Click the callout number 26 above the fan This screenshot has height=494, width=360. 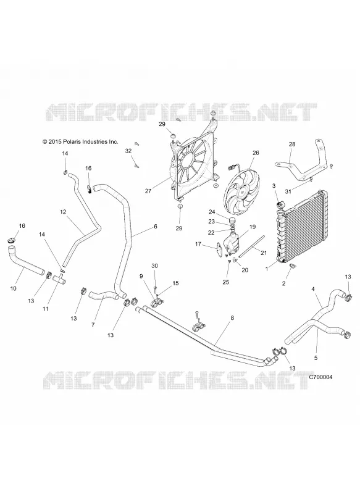pos(256,153)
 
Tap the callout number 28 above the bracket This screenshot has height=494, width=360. pos(292,144)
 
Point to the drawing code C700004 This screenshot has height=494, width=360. pos(320,377)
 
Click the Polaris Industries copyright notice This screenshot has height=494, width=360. pos(80,142)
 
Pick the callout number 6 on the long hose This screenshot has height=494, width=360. pos(155,226)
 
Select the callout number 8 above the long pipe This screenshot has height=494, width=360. pos(232,318)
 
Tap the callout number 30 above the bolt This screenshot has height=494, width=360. pos(154,266)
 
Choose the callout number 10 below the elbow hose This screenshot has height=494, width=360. pos(13,288)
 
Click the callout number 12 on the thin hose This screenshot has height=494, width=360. pos(63,212)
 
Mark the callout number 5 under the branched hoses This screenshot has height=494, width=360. pos(316,358)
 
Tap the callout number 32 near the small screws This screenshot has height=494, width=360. pos(128,151)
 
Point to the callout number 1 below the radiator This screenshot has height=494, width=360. pos(267,269)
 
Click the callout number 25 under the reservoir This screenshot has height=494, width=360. pos(226,282)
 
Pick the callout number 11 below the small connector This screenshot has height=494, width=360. pos(46,309)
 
